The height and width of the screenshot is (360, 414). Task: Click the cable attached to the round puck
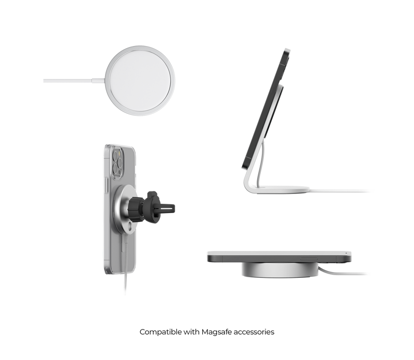tap(72, 81)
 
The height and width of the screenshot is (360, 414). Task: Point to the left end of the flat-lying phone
tap(208, 256)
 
